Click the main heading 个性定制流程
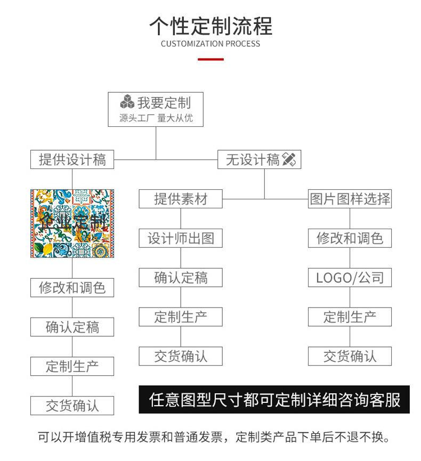210,26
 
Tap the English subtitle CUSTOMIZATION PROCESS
210,44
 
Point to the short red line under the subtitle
210,59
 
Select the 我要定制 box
156,109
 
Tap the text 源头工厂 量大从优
156,118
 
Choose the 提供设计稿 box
72,159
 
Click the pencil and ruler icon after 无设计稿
289,159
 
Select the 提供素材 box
180,199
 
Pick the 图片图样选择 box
350,199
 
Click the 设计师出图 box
180,238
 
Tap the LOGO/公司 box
350,278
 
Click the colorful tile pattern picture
72,223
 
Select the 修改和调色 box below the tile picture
72,288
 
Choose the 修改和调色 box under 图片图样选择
350,238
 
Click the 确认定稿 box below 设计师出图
180,278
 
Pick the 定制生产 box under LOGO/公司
350,317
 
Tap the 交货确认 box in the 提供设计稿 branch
72,406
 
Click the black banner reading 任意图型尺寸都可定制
274,400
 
